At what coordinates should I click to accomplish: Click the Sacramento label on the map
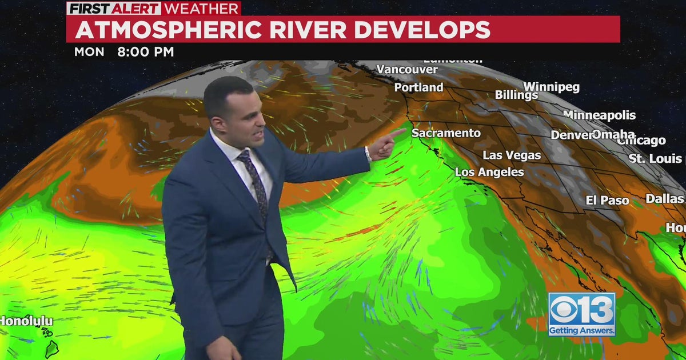[446, 133]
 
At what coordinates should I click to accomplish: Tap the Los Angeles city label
[489, 172]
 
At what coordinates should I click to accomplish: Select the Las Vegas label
[512, 155]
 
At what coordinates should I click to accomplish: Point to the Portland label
[418, 87]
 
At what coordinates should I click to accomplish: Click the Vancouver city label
[406, 70]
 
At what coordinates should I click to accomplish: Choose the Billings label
[516, 95]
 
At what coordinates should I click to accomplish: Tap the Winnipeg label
[551, 87]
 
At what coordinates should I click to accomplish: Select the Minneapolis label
[599, 115]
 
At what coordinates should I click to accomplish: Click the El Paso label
[607, 201]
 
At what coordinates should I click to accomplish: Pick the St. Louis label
[655, 159]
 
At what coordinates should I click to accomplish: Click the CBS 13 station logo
[581, 314]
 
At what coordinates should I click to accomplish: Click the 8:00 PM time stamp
[145, 52]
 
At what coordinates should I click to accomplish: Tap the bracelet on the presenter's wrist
[368, 153]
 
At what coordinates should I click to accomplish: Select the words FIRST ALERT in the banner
[114, 9]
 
